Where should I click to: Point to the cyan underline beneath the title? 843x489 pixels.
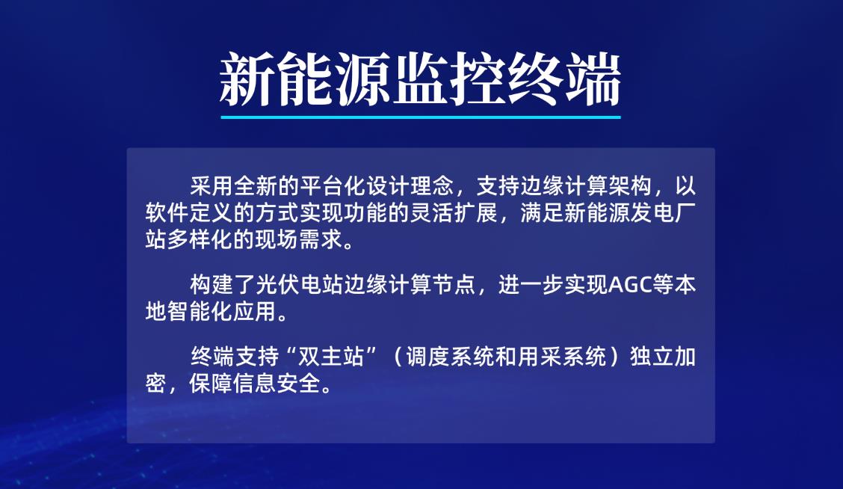point(421,117)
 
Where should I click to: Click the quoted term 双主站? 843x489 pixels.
point(331,357)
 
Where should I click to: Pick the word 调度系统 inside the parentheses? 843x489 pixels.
point(450,357)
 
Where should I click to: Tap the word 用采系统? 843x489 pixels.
point(562,357)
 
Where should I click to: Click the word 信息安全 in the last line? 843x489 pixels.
point(277,384)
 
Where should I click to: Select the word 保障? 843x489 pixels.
point(211,384)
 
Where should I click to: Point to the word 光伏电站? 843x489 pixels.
point(299,285)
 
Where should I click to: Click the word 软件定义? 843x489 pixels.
point(189,213)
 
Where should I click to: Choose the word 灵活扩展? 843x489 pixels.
point(453,213)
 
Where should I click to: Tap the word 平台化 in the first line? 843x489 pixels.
point(333,186)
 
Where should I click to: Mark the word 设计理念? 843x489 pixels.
point(410,186)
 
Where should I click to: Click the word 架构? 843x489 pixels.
point(629,186)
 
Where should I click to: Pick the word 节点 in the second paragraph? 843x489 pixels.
point(453,285)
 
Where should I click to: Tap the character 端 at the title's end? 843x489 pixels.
point(593,79)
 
